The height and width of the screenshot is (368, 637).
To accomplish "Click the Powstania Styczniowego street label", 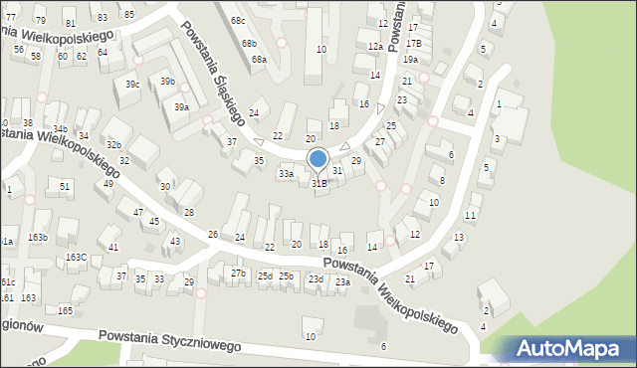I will point(170,341).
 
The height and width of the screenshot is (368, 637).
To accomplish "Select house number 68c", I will point(237,20).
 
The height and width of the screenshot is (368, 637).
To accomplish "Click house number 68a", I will point(259,60).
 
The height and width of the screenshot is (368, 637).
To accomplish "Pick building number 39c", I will point(131,85).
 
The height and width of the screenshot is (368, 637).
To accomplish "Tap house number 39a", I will point(181,106).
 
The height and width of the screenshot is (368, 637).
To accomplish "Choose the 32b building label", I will point(114,145).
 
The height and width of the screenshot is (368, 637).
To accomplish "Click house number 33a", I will point(286,174).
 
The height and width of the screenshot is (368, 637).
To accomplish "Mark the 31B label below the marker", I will point(319,183).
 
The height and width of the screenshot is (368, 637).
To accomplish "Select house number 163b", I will point(38,238).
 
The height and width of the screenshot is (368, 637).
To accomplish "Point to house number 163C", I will point(76,258).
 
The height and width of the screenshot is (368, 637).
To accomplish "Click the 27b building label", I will point(238,273).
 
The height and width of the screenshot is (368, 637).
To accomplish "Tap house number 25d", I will point(265,276).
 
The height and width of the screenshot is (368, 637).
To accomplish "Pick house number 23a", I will point(342,282).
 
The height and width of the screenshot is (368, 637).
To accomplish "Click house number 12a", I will point(375,47).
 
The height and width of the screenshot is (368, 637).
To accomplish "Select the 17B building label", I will point(413,43).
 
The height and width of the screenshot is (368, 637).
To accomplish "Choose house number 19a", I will point(410,60).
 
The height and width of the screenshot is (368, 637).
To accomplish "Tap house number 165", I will point(66,311).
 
